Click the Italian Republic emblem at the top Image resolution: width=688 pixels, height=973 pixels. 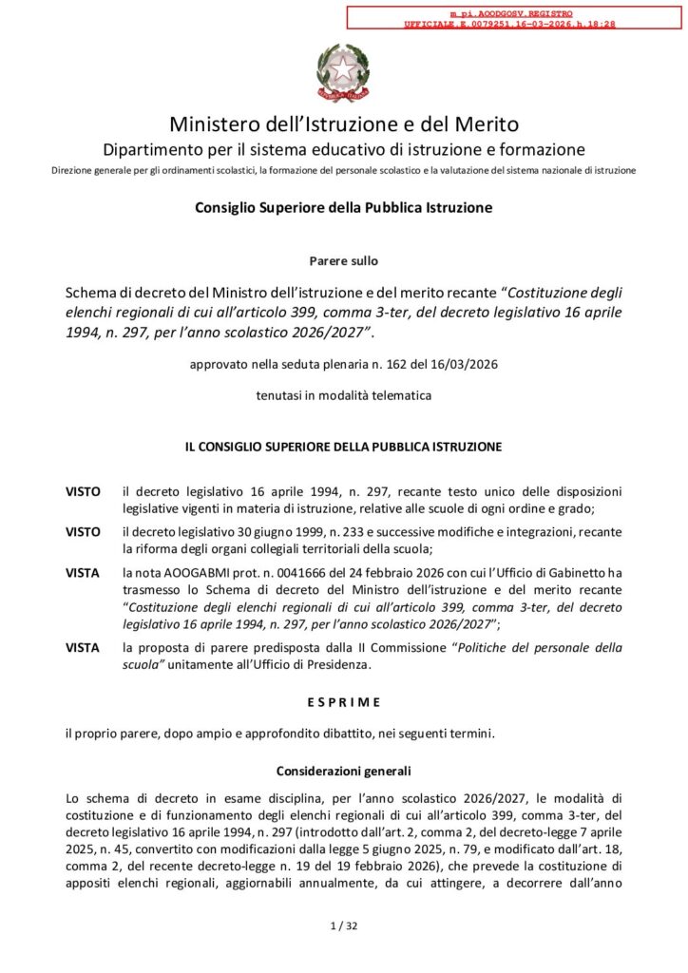[343, 72]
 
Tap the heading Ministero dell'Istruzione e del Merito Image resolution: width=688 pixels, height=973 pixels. [344, 124]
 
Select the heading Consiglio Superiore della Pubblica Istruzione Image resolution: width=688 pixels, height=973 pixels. [343, 207]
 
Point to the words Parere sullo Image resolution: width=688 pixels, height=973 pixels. [343, 259]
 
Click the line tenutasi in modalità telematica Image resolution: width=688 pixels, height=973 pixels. [343, 396]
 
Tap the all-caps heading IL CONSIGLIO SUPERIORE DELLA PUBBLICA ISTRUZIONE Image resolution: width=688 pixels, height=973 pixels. [343, 446]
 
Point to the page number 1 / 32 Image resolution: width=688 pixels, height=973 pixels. [343, 926]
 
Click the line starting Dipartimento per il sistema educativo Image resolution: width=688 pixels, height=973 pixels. [343, 149]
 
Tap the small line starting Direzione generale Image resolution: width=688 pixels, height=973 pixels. [343, 170]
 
